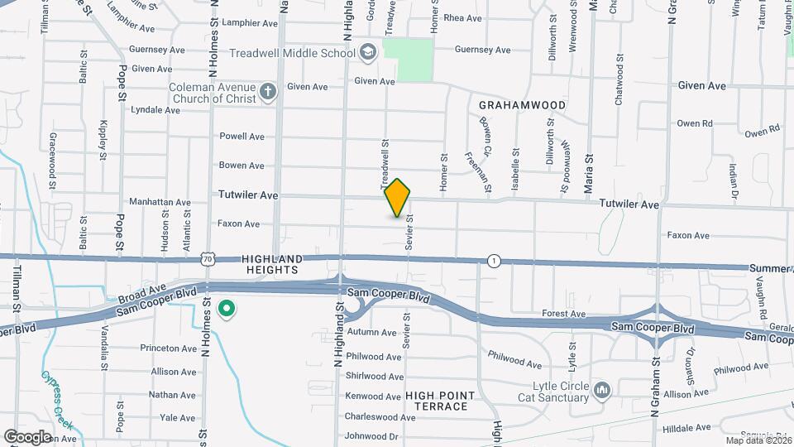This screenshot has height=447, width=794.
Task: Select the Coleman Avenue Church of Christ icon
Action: (267, 92)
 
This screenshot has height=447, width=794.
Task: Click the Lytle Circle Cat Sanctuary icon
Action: (601, 389)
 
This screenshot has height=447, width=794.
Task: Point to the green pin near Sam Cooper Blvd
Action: (226, 310)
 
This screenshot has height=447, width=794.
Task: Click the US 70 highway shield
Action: (208, 260)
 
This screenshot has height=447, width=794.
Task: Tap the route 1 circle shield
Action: (494, 260)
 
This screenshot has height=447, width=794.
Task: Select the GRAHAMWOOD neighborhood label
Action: (522, 105)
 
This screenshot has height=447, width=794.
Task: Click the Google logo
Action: (27, 436)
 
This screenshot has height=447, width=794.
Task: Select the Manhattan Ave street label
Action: (160, 202)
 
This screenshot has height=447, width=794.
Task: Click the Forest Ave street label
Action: (563, 315)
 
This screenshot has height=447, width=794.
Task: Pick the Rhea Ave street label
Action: (462, 18)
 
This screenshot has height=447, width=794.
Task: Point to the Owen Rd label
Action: (694, 123)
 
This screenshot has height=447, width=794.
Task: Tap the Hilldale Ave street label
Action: (687, 428)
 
